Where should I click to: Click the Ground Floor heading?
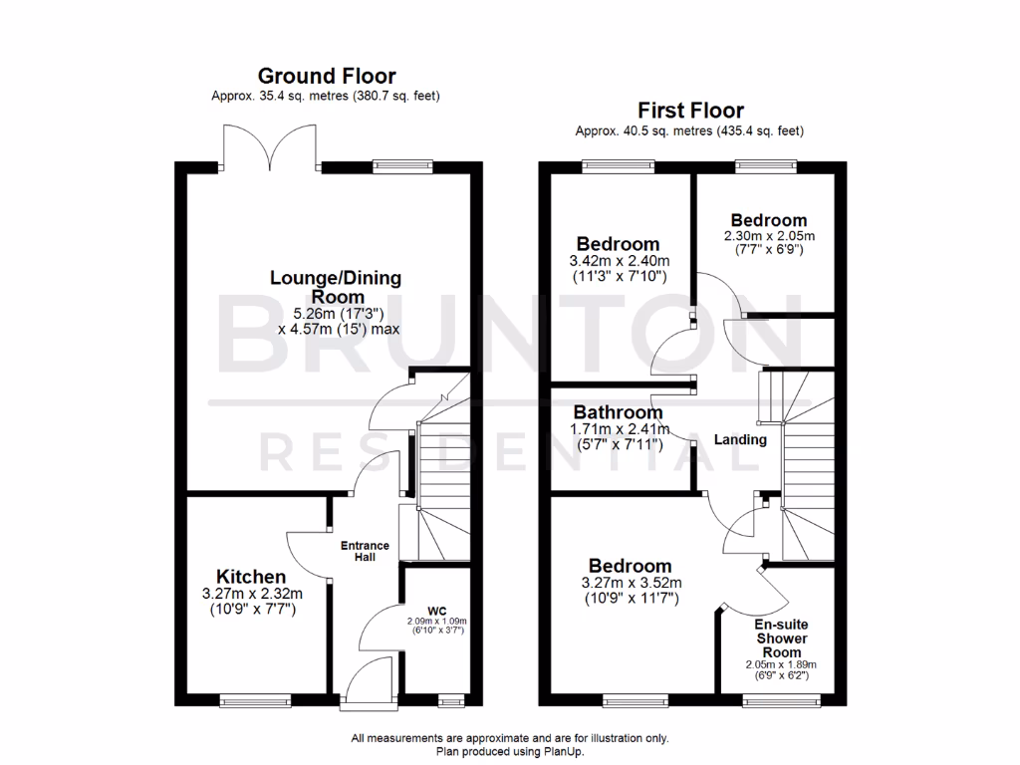(327, 76)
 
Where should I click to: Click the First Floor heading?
(689, 111)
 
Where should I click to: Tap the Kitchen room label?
(252, 577)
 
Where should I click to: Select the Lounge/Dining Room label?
(322, 287)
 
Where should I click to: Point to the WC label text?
(434, 609)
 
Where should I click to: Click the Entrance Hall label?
(365, 551)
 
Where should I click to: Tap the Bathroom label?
(618, 412)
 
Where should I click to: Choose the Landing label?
(740, 439)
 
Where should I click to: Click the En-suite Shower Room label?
(780, 637)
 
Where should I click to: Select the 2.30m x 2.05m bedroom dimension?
(768, 236)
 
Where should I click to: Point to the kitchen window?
(256, 701)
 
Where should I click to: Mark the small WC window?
(449, 701)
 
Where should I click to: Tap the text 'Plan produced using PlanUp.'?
(510, 752)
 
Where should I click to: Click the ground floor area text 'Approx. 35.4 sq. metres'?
(271, 97)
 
